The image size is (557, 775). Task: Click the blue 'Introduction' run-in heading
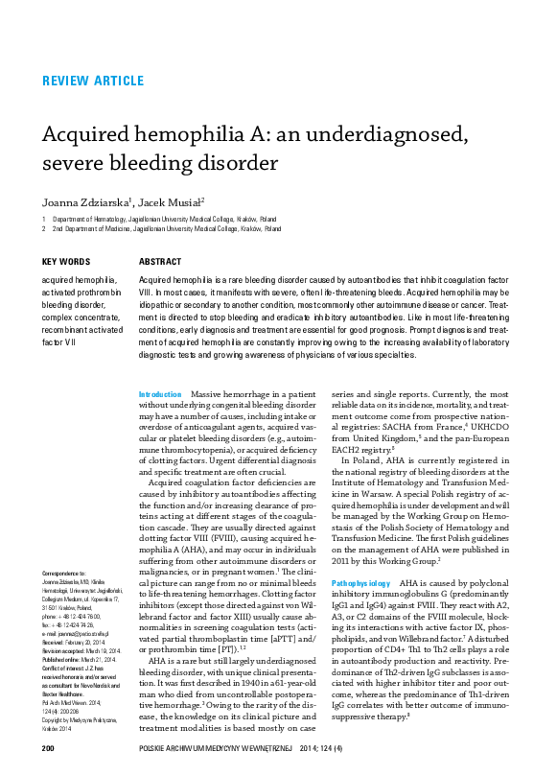[160, 394]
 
